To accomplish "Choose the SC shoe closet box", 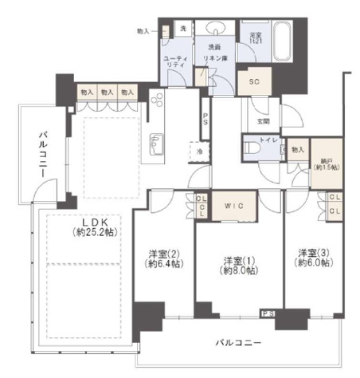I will tap(255, 82).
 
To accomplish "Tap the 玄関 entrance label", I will tap(263, 121).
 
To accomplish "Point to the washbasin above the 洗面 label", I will tap(215, 30).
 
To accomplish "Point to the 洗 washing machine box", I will tap(182, 30).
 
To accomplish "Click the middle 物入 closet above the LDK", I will tap(107, 93).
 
